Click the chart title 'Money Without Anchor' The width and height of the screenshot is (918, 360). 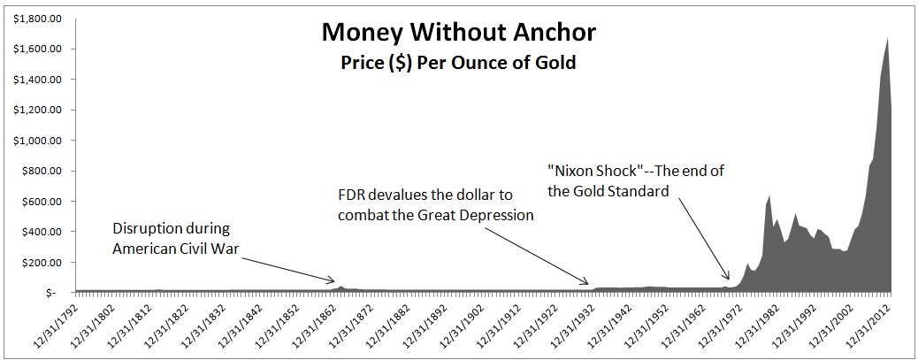pos(458,34)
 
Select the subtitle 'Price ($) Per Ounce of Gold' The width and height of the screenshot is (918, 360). pos(458,62)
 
